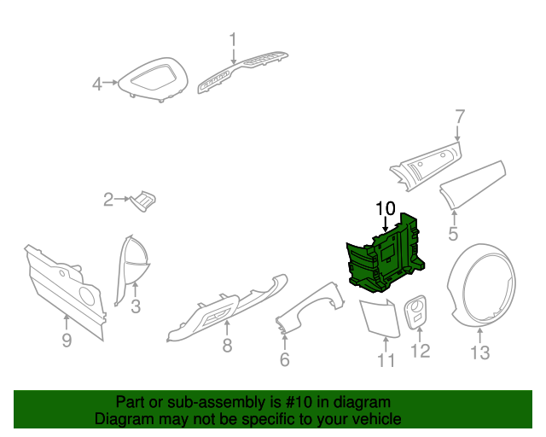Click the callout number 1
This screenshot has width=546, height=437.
[x=233, y=38]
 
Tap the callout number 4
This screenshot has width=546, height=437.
[x=97, y=84]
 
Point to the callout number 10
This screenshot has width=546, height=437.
[x=386, y=207]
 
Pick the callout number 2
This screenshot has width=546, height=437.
[x=108, y=201]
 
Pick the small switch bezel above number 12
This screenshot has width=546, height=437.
[x=418, y=312]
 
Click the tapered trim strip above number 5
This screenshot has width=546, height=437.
[x=474, y=184]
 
